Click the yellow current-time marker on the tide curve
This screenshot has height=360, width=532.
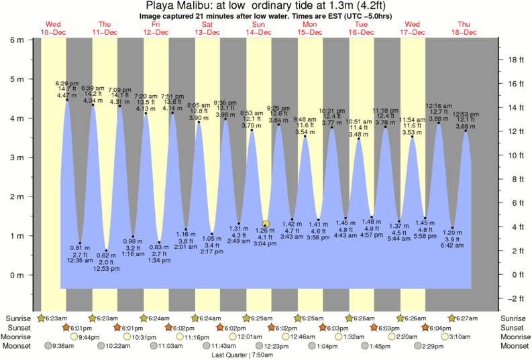pos(266,225)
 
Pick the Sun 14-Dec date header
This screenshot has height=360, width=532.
pos(258,28)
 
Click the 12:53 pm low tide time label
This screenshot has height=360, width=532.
pos(106,269)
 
